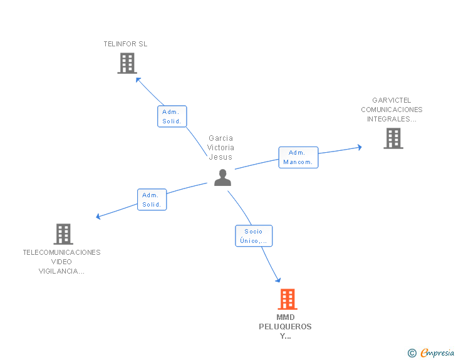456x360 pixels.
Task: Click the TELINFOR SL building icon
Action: (x=127, y=63)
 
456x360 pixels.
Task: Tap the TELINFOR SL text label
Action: (x=125, y=44)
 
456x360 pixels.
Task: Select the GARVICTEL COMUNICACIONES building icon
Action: (x=393, y=138)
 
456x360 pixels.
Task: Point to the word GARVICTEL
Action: (x=391, y=100)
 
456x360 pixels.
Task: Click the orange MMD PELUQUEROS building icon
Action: (x=287, y=299)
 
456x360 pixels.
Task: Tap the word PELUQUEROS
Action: (x=285, y=327)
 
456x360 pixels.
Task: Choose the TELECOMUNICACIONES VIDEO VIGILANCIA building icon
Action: (x=63, y=234)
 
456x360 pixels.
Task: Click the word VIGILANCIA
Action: (x=61, y=271)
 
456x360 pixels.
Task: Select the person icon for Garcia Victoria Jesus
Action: (x=222, y=178)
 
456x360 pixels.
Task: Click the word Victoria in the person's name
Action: (x=220, y=148)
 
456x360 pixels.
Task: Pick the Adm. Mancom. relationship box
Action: (x=298, y=157)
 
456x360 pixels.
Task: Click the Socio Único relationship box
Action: (x=254, y=236)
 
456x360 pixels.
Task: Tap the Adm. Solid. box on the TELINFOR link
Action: (x=172, y=116)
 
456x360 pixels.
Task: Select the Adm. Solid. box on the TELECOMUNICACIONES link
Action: (x=152, y=200)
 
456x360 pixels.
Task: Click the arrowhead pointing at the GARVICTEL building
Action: (x=360, y=147)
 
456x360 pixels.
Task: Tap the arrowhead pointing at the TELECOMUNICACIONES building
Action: (x=98, y=217)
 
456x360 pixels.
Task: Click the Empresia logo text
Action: (x=437, y=353)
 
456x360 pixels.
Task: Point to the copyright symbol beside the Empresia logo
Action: (x=412, y=354)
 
